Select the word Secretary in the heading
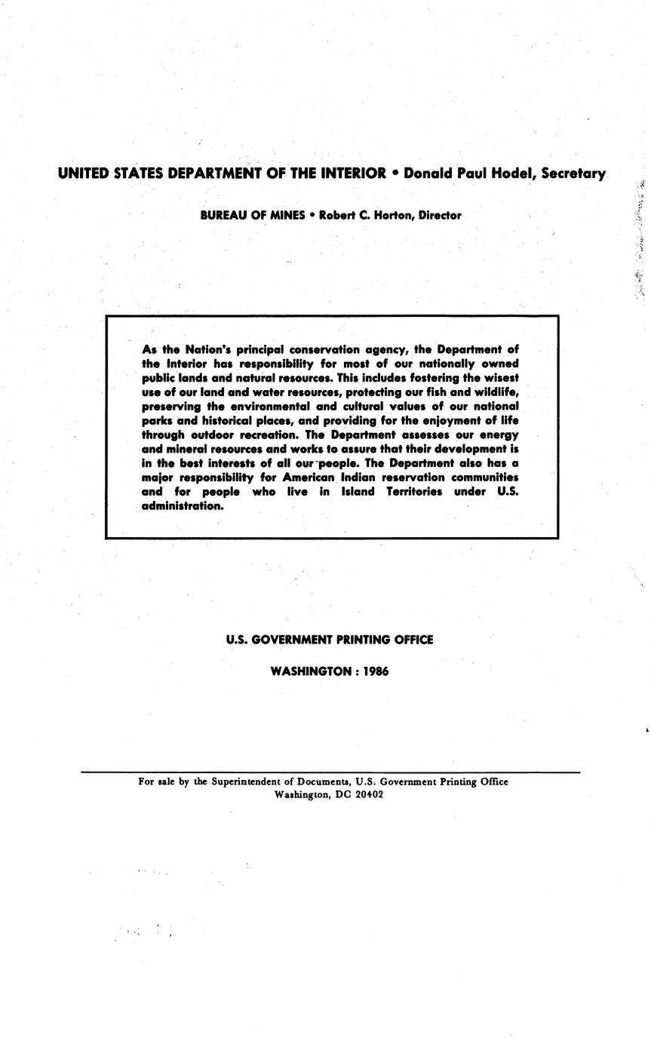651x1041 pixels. click(x=573, y=174)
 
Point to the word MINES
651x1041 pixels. click(x=283, y=215)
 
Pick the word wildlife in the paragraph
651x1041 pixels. click(x=493, y=392)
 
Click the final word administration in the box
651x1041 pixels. click(x=183, y=506)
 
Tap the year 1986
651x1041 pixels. click(x=376, y=671)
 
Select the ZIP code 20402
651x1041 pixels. click(x=370, y=795)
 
